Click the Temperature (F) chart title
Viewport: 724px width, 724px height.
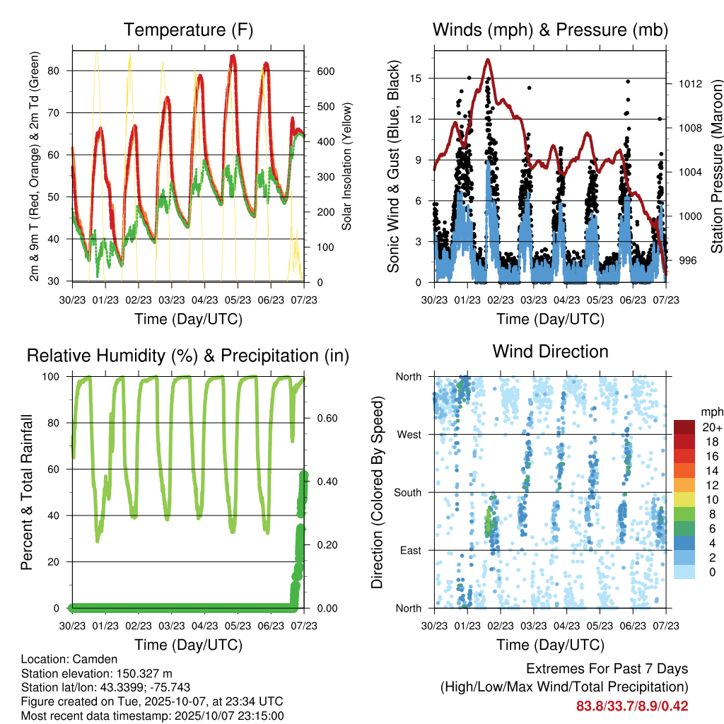(x=188, y=30)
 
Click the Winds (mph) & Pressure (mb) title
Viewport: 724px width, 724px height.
(x=550, y=30)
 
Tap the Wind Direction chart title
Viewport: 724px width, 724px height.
(x=550, y=351)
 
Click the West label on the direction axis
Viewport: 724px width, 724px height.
(x=408, y=435)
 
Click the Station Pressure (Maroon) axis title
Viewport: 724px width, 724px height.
(x=716, y=165)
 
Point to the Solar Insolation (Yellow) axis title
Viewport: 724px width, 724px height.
(x=346, y=165)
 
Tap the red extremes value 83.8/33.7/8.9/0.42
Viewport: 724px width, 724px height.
(x=632, y=706)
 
